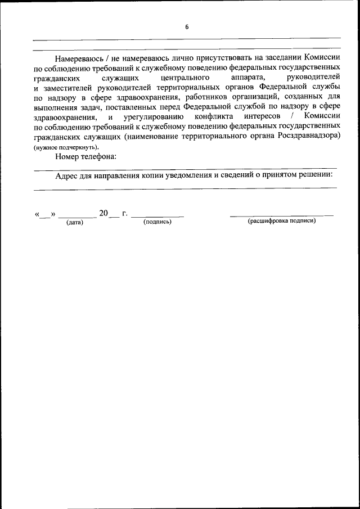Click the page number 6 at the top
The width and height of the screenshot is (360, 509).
[187, 26]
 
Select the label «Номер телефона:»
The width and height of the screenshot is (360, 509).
[85, 156]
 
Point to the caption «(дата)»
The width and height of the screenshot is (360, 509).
[74, 223]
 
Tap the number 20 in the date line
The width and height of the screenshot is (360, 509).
[103, 213]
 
